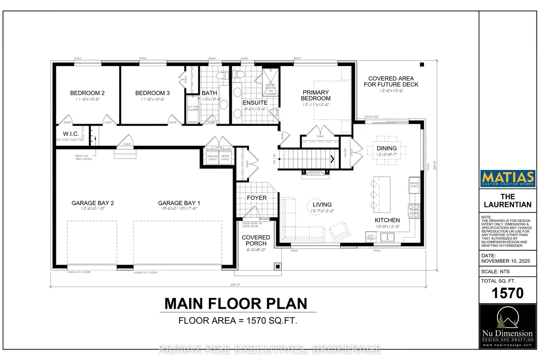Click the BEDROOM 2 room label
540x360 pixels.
[87, 93]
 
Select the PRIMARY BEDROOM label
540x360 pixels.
[316, 95]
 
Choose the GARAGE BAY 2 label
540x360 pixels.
[93, 203]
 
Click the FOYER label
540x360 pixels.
[256, 198]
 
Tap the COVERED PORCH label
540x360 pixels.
[256, 240]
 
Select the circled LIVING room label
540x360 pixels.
[322, 205]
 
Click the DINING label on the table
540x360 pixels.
[387, 148]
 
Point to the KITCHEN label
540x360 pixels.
[387, 220]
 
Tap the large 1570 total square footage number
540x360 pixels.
[507, 293]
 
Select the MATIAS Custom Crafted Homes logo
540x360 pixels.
[507, 178]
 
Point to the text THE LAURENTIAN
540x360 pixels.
[507, 200]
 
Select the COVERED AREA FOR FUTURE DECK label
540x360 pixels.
[393, 81]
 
